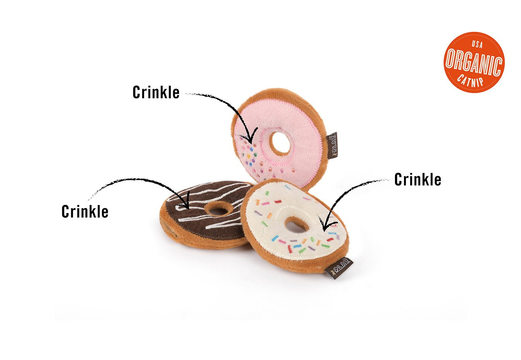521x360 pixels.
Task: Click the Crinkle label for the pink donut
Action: [x=156, y=92]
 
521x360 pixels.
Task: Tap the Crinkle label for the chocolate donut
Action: [x=85, y=211]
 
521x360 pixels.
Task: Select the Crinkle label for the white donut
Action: [x=417, y=180]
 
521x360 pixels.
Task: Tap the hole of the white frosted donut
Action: [x=297, y=225]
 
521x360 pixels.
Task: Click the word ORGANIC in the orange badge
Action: [x=474, y=62]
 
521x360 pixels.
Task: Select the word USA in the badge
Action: [x=477, y=44]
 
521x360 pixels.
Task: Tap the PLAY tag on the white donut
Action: [x=339, y=268]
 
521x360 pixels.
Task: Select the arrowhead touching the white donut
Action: [x=326, y=225]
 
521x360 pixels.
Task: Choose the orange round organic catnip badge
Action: [x=474, y=62]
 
